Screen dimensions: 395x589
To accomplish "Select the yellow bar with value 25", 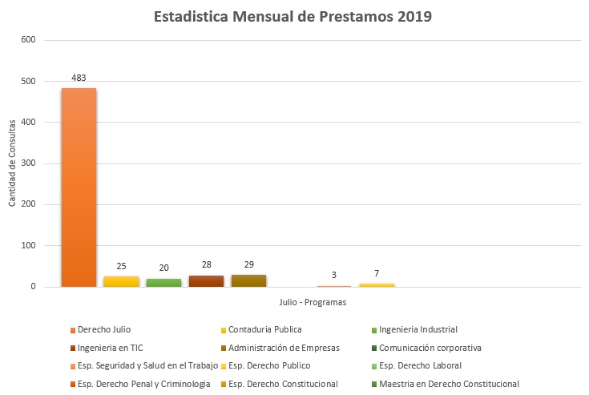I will pos(121,281).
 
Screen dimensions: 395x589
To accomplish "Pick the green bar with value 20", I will pos(163,282).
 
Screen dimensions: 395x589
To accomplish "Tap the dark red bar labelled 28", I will pos(206,280).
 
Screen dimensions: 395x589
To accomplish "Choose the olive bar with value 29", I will pos(248,280).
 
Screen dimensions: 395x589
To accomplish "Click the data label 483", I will pos(79,78).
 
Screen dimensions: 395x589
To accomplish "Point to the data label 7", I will pos(377,273).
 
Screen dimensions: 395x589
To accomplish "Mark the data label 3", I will pos(334,276).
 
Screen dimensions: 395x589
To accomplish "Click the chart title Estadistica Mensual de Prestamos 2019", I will pos(293,17).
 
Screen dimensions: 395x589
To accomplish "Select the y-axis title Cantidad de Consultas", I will pos(12,163).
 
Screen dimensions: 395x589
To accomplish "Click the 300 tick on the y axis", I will pos(28,163).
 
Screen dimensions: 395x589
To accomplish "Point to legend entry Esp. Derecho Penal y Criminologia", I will pos(139,384).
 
